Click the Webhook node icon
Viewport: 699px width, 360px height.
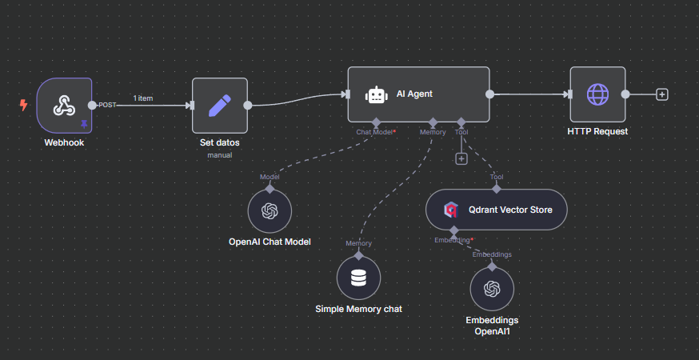(63, 106)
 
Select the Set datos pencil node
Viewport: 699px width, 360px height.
(219, 105)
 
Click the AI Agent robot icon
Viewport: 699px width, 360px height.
(377, 94)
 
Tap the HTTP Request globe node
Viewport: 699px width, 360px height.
(597, 94)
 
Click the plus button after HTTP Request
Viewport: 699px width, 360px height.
(661, 94)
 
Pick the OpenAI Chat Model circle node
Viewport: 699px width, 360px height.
(270, 211)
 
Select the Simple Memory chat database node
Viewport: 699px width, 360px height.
(358, 278)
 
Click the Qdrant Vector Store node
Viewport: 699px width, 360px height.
(496, 210)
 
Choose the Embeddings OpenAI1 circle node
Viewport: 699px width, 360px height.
(491, 289)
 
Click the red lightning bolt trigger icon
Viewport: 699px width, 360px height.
(23, 105)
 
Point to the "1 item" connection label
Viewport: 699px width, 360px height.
(143, 98)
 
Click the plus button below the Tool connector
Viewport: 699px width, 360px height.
(461, 158)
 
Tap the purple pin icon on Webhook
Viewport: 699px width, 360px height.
(84, 124)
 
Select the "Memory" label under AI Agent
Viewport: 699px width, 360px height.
(433, 132)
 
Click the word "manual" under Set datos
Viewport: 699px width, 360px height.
(219, 155)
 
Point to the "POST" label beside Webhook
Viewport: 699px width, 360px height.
(107, 106)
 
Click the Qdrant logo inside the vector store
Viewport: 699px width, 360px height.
(451, 210)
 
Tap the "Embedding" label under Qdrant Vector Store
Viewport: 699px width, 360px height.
(452, 240)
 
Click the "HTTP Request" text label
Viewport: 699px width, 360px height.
(597, 131)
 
